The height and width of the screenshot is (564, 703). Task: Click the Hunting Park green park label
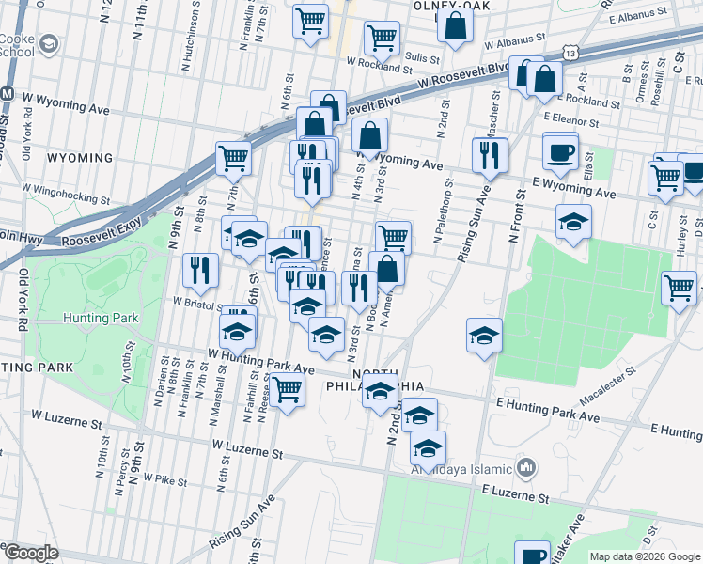pyautogui.click(x=101, y=318)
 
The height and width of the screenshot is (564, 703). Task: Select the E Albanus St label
pyautogui.click(x=637, y=17)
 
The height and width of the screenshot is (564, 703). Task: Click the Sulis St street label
pyautogui.click(x=422, y=55)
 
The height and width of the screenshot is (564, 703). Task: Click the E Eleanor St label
pyautogui.click(x=570, y=122)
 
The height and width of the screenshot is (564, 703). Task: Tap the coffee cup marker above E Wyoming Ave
pyautogui.click(x=561, y=152)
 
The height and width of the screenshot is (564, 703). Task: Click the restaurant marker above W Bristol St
pyautogui.click(x=199, y=269)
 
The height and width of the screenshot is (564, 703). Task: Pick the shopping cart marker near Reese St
pyautogui.click(x=288, y=388)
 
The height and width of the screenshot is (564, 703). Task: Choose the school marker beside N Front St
pyautogui.click(x=573, y=223)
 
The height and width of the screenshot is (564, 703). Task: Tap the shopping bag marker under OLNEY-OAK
pyautogui.click(x=455, y=28)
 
